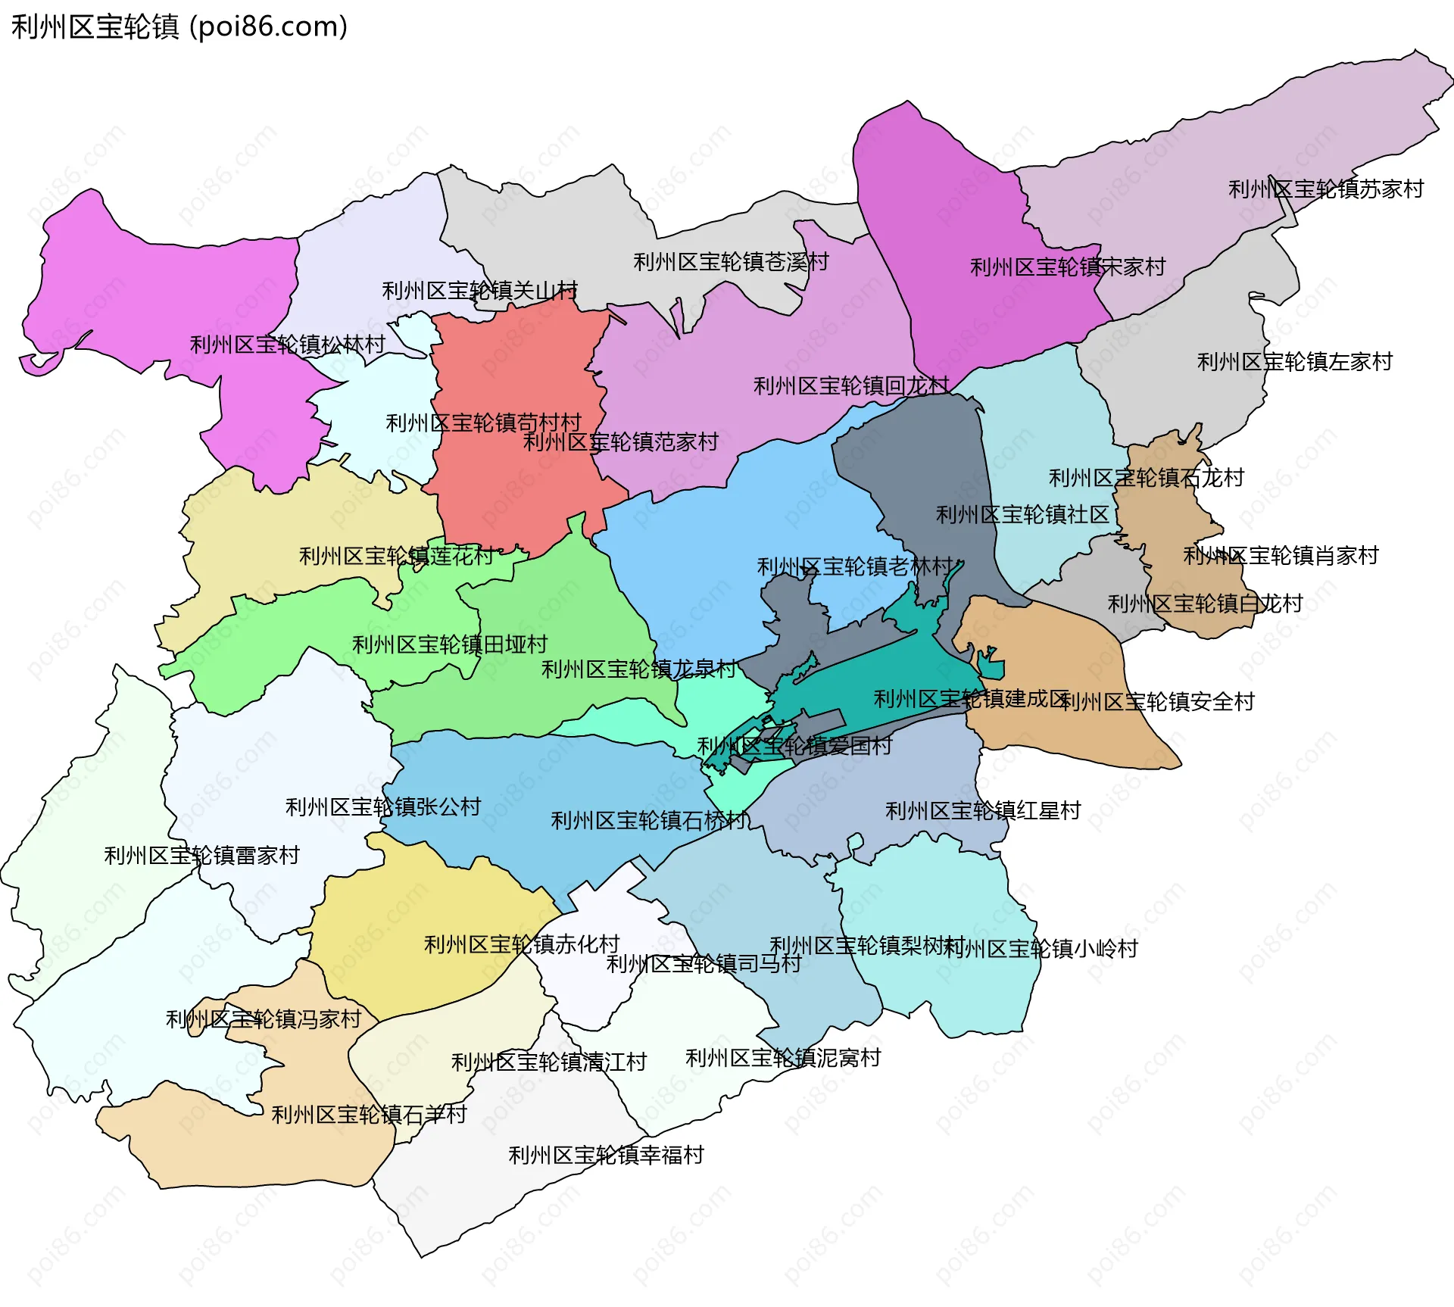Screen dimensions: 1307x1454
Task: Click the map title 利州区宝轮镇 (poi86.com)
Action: click(x=179, y=27)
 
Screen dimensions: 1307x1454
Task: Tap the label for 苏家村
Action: click(x=1325, y=189)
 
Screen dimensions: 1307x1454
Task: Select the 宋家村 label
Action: click(x=1068, y=267)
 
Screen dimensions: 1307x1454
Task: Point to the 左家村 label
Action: click(x=1294, y=362)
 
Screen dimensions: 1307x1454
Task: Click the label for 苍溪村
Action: click(x=731, y=262)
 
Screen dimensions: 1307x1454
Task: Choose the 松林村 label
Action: click(x=287, y=345)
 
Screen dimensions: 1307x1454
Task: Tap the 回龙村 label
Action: click(x=850, y=386)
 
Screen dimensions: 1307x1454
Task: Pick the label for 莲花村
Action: click(x=396, y=557)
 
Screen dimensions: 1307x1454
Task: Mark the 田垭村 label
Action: click(x=449, y=645)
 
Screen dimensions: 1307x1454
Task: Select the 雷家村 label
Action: click(x=201, y=856)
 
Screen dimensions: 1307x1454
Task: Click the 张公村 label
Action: click(x=382, y=807)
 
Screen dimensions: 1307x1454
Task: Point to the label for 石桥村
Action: click(x=648, y=821)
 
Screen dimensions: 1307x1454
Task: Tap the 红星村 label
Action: click(x=983, y=811)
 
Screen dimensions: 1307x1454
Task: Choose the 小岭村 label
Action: click(x=1041, y=949)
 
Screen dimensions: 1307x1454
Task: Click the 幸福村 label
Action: click(x=606, y=1156)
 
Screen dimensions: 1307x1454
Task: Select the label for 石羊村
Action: click(x=369, y=1115)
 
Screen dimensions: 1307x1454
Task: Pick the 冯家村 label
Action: click(x=263, y=1019)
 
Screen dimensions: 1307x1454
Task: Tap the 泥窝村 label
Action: click(x=783, y=1058)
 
